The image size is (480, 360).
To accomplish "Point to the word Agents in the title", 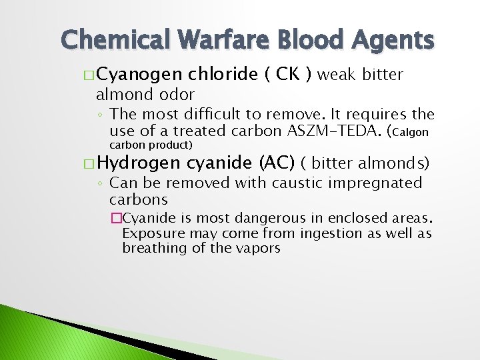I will click(x=394, y=42).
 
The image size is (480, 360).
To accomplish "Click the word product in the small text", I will click(x=170, y=145).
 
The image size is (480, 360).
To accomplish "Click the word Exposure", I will click(x=149, y=233).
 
